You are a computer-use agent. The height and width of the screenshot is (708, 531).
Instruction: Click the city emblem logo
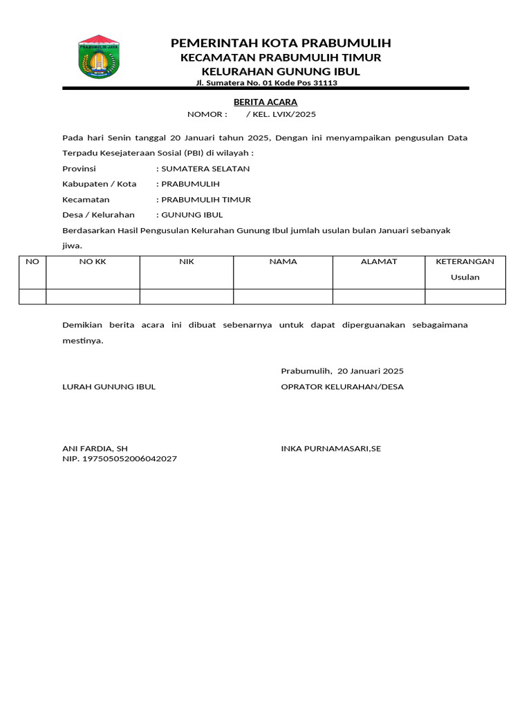tap(98, 56)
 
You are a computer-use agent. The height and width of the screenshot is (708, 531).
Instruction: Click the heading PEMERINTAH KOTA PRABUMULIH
tap(281, 44)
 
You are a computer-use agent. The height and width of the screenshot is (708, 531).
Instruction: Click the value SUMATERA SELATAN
tap(205, 169)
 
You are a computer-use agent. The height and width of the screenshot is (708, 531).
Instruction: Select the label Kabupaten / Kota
tap(100, 184)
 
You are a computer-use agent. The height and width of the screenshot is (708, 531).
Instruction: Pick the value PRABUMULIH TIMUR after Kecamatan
tap(206, 199)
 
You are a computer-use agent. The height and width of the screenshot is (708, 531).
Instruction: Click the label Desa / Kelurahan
tap(99, 215)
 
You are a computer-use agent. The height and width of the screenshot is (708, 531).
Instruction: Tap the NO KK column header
tap(93, 262)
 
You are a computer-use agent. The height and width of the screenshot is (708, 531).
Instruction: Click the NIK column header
tap(187, 262)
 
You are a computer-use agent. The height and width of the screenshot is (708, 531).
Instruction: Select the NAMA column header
tap(283, 262)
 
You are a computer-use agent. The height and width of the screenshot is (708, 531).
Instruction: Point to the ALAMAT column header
tap(379, 262)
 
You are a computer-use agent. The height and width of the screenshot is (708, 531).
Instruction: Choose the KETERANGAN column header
tap(465, 262)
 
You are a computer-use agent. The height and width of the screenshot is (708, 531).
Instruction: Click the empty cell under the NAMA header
tap(283, 297)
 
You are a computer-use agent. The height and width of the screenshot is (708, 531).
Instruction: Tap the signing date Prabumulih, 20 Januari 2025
tap(342, 371)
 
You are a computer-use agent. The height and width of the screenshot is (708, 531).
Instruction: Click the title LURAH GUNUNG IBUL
tap(109, 386)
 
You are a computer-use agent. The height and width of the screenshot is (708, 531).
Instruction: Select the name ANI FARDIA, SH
tap(95, 449)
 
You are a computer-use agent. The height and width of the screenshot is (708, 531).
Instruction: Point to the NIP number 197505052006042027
tap(120, 459)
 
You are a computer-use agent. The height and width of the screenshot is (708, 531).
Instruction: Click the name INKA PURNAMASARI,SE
tap(331, 449)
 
